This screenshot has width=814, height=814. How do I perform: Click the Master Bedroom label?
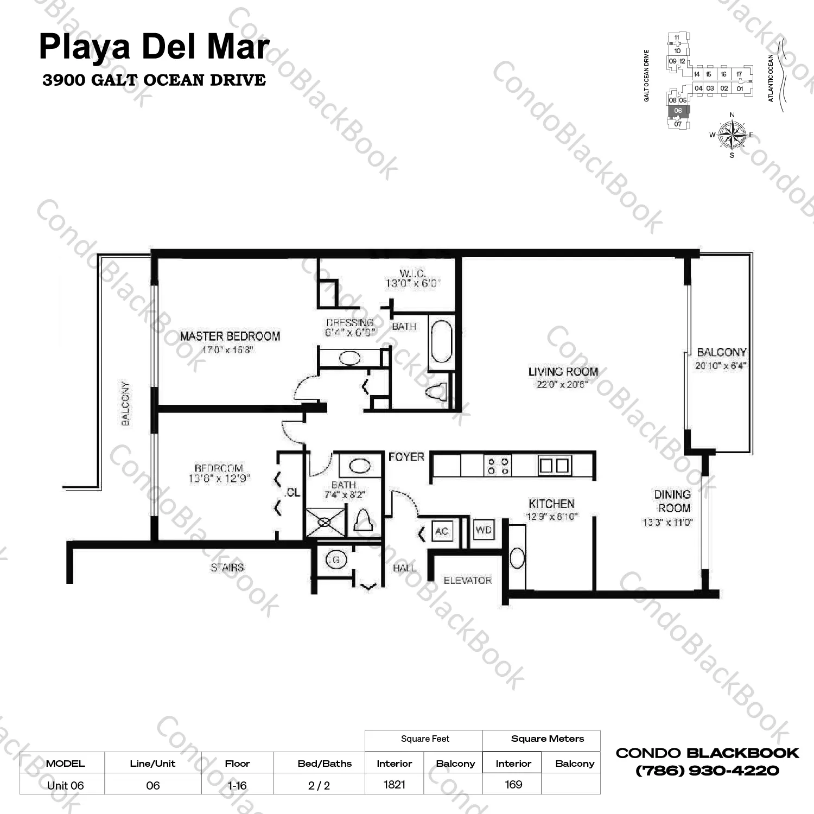pos(230,336)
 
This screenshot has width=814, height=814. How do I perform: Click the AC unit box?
pos(442,531)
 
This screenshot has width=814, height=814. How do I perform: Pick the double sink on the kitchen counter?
pos(554,466)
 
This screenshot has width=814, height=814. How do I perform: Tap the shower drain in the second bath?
pos(325,523)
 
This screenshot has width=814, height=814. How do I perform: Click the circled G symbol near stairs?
pos(336,559)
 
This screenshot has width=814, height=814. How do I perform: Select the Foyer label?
pos(406,457)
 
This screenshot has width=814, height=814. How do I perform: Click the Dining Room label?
pos(673,501)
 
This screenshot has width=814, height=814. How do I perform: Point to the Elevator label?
pos(467,581)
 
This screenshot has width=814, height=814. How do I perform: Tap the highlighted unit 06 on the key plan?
pos(678,111)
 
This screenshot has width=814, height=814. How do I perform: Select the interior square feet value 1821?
pos(395,784)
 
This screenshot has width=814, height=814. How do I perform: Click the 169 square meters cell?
pos(513,784)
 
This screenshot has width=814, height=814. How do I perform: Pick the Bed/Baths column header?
pos(325,764)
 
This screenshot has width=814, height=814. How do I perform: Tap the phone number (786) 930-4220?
pos(707,771)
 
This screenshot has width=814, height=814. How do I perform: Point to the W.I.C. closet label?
pos(412,274)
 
